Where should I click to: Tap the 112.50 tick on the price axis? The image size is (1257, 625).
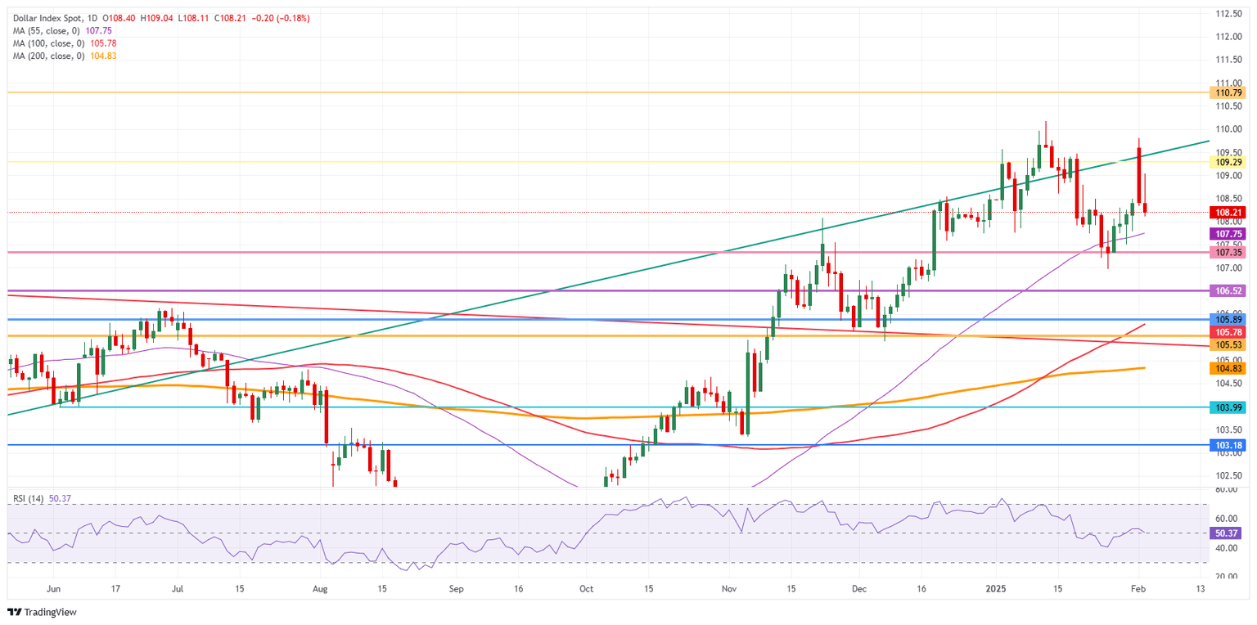tap(1223, 14)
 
